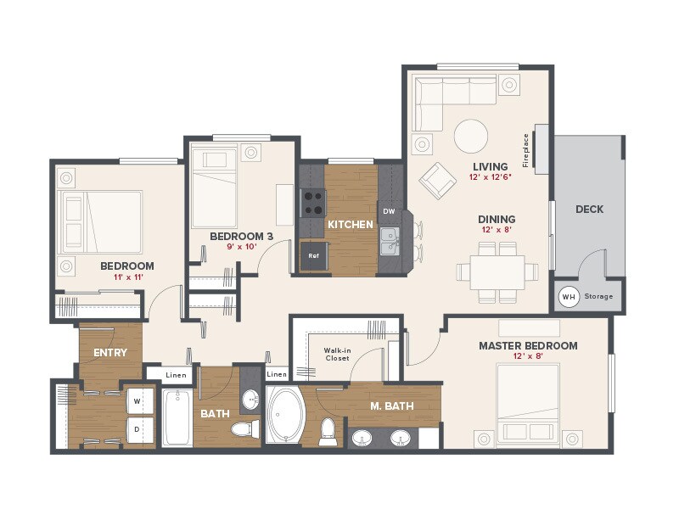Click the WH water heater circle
click(569, 297)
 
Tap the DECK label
click(589, 210)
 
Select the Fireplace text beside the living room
click(526, 150)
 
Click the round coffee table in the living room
click(470, 135)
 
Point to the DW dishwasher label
click(389, 210)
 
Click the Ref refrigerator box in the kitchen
click(313, 255)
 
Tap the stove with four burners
click(312, 202)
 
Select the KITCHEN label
click(351, 225)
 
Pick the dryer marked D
click(137, 429)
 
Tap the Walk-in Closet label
click(337, 353)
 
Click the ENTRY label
click(110, 353)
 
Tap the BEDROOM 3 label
click(241, 236)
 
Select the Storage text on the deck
click(598, 297)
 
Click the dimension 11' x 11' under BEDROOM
click(126, 277)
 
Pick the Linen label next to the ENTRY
click(176, 375)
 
